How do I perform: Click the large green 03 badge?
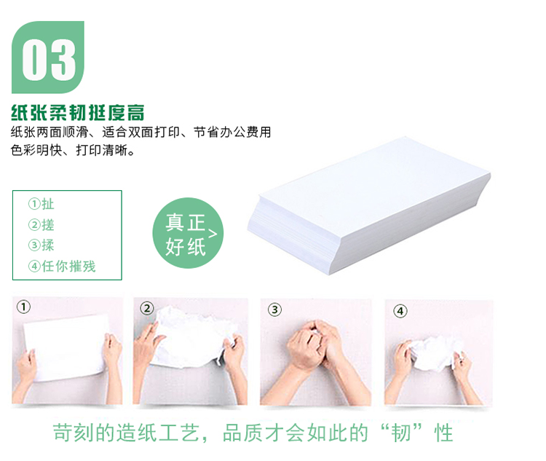tap(48, 57)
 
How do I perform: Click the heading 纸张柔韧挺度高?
tap(78, 113)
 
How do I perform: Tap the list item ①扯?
tap(41, 204)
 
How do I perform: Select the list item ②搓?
tap(41, 225)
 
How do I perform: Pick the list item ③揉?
tap(41, 245)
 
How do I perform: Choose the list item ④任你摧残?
tap(62, 267)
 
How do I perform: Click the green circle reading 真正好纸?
tap(188, 233)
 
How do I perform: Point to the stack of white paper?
tap(369, 205)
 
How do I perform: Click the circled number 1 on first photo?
tap(24, 307)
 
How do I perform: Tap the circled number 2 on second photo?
tap(147, 308)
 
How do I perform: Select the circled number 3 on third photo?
tap(274, 310)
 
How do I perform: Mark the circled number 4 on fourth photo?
tap(400, 311)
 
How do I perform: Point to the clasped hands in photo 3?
tap(313, 345)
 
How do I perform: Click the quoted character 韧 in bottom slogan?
tap(401, 433)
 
